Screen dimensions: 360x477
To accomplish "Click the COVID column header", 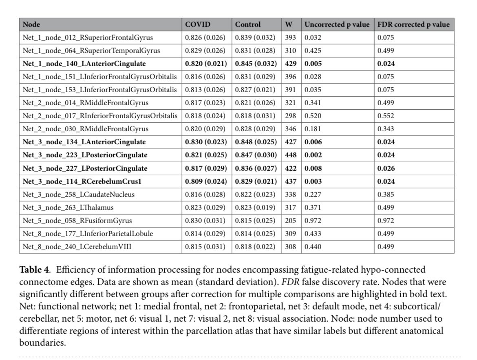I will click(198, 24).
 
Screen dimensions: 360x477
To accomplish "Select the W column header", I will click(289, 24).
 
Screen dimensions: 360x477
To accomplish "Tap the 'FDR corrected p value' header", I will click(413, 24).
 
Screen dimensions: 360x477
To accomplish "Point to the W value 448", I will click(291, 155).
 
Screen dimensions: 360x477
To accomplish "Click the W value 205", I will click(291, 221).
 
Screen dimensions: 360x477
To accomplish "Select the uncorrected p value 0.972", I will click(313, 221).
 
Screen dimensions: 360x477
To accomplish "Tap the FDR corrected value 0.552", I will click(386, 116).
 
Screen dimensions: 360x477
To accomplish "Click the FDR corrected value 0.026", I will click(386, 168).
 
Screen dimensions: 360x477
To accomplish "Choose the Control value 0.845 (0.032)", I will click(256, 64).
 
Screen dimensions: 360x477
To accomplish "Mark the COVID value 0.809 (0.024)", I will click(205, 181).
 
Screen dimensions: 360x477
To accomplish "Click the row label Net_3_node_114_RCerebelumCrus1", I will click(79, 181).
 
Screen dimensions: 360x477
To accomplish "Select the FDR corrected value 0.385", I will click(386, 194).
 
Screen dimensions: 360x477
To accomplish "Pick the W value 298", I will click(291, 116).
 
